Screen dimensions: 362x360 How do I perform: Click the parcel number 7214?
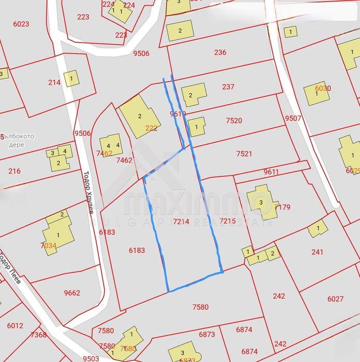(181, 222)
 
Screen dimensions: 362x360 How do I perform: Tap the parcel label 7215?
(228, 221)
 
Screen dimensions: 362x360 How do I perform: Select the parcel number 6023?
(21, 24)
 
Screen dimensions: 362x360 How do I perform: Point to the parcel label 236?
(220, 52)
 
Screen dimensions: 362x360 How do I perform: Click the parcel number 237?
(228, 87)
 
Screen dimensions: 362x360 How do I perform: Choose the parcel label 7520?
(234, 121)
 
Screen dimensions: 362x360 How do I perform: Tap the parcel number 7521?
(244, 154)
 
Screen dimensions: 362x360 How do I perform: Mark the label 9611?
(271, 172)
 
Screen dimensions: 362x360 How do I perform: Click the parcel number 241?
(317, 252)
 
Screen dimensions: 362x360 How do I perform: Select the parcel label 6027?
(335, 299)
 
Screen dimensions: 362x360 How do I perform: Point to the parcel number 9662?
(72, 293)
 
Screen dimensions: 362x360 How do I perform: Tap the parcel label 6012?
(15, 326)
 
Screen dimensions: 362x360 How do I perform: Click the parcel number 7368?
(38, 335)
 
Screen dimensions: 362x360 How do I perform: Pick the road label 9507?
(293, 118)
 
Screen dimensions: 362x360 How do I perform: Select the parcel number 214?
(54, 82)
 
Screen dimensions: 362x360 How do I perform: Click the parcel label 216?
(14, 171)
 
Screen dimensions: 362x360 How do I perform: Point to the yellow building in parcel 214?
(71, 78)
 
